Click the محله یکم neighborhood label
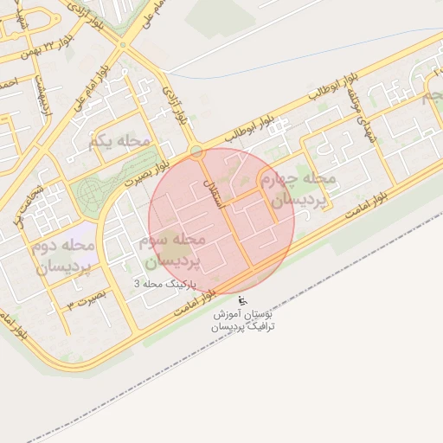(x=119, y=140)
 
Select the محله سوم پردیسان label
(x=170, y=249)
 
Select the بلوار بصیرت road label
(x=146, y=174)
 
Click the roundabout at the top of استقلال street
(x=197, y=151)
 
